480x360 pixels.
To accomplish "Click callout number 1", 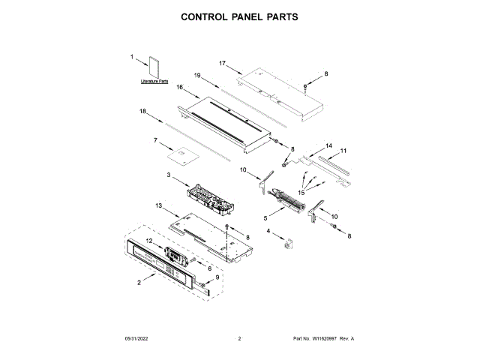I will coord(132,57).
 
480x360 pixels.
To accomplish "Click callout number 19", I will coord(197,75).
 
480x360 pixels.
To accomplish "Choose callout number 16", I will coord(180,87).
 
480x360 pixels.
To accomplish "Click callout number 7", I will coord(155,140).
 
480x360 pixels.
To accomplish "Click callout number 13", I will coord(158,205).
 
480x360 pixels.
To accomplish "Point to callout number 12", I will coord(148,240).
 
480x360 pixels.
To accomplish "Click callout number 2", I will coord(139,283).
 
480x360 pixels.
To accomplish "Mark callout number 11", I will coord(343,151).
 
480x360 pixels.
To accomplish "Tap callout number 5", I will coord(265,218).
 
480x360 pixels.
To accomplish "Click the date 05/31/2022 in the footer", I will coord(137,339).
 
